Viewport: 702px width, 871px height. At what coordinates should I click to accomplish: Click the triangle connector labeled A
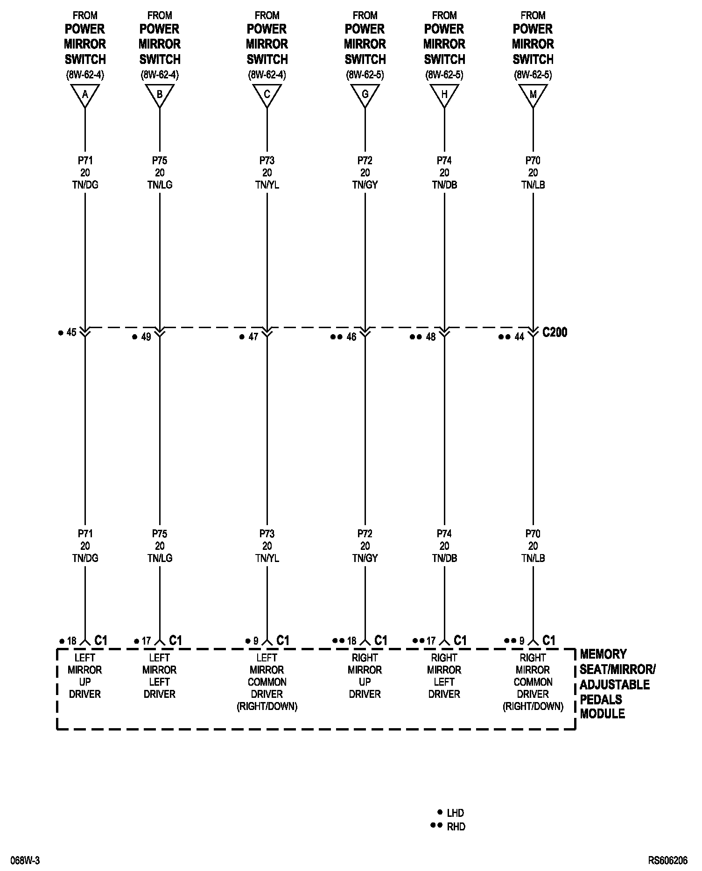(x=85, y=95)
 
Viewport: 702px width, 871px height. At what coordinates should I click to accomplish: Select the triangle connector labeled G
(x=365, y=95)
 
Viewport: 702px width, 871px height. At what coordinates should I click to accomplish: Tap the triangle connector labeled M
(x=533, y=95)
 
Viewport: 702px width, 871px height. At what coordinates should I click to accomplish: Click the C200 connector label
(x=555, y=332)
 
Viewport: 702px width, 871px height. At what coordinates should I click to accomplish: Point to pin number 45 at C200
(x=71, y=332)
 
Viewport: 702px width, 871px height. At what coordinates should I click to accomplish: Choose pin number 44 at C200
(x=519, y=337)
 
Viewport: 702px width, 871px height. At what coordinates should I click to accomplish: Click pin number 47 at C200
(x=253, y=337)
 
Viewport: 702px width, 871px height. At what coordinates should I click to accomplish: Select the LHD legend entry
(x=455, y=813)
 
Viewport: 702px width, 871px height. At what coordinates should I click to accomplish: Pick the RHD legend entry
(x=456, y=827)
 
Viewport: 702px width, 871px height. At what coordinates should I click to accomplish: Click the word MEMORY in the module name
(x=603, y=654)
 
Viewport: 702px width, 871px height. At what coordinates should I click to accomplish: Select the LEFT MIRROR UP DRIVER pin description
(x=85, y=675)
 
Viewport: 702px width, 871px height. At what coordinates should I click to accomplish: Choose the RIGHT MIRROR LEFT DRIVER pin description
(x=444, y=675)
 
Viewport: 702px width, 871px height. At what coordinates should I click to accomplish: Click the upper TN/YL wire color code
(x=267, y=185)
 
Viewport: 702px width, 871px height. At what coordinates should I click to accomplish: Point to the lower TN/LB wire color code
(x=533, y=558)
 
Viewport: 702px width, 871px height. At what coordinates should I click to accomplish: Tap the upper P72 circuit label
(x=365, y=161)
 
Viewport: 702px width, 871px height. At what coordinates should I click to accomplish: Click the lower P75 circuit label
(x=160, y=534)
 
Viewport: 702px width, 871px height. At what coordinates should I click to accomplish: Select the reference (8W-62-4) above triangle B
(x=160, y=75)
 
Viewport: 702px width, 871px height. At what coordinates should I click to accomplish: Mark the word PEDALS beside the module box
(x=601, y=699)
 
